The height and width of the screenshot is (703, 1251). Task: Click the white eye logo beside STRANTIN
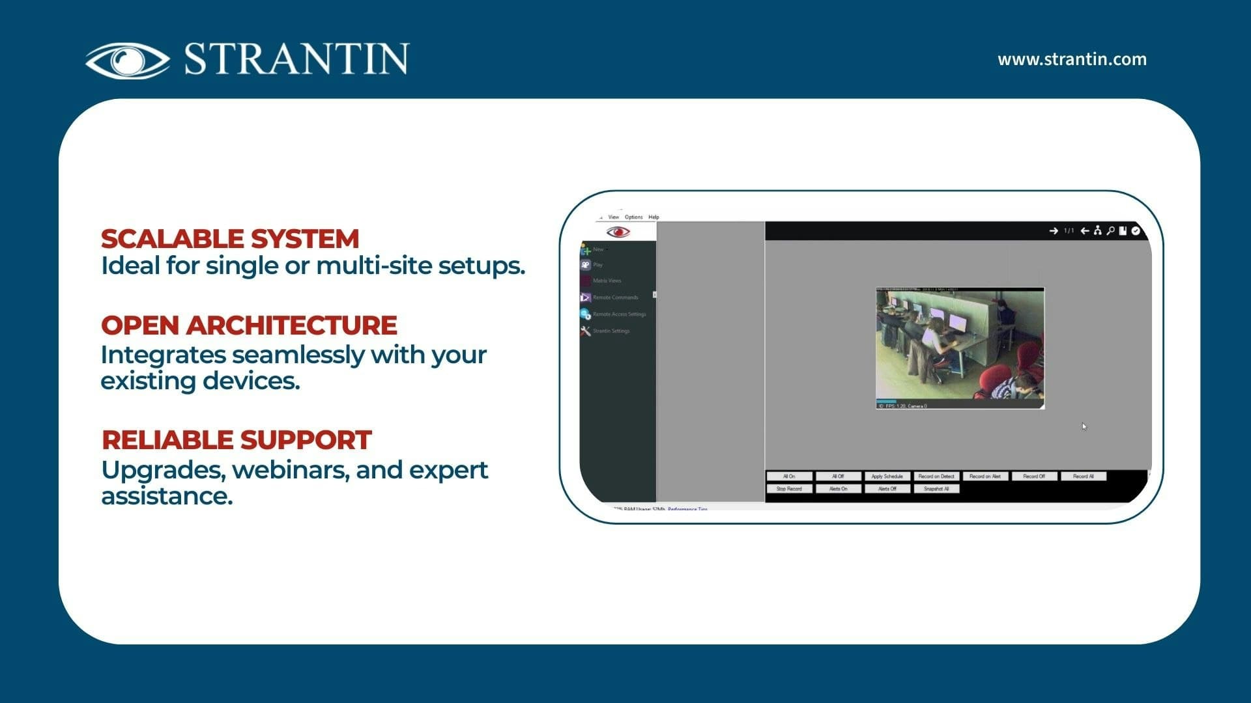tap(128, 60)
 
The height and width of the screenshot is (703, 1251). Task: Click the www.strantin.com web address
tap(1072, 59)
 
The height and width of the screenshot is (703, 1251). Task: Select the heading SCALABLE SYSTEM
tap(230, 239)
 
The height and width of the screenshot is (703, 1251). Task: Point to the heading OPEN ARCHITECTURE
tap(249, 325)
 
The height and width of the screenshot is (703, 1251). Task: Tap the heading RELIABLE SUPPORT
tap(237, 440)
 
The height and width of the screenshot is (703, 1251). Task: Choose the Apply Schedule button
tap(887, 476)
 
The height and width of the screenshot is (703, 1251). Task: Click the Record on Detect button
tap(936, 476)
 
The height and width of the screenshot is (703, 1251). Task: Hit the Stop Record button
tap(789, 489)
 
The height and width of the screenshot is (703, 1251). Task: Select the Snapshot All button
tap(936, 489)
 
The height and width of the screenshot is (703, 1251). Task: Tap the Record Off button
tap(1034, 476)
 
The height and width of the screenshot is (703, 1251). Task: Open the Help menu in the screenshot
tap(654, 217)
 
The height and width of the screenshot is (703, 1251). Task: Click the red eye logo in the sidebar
tap(618, 232)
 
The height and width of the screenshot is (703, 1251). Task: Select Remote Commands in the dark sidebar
tap(615, 297)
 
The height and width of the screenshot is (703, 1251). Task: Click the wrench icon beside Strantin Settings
tap(586, 331)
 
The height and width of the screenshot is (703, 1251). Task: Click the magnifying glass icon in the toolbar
tap(1110, 231)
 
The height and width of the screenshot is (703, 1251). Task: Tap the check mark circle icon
tap(1136, 231)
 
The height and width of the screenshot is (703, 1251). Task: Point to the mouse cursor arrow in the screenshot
tap(1084, 426)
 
